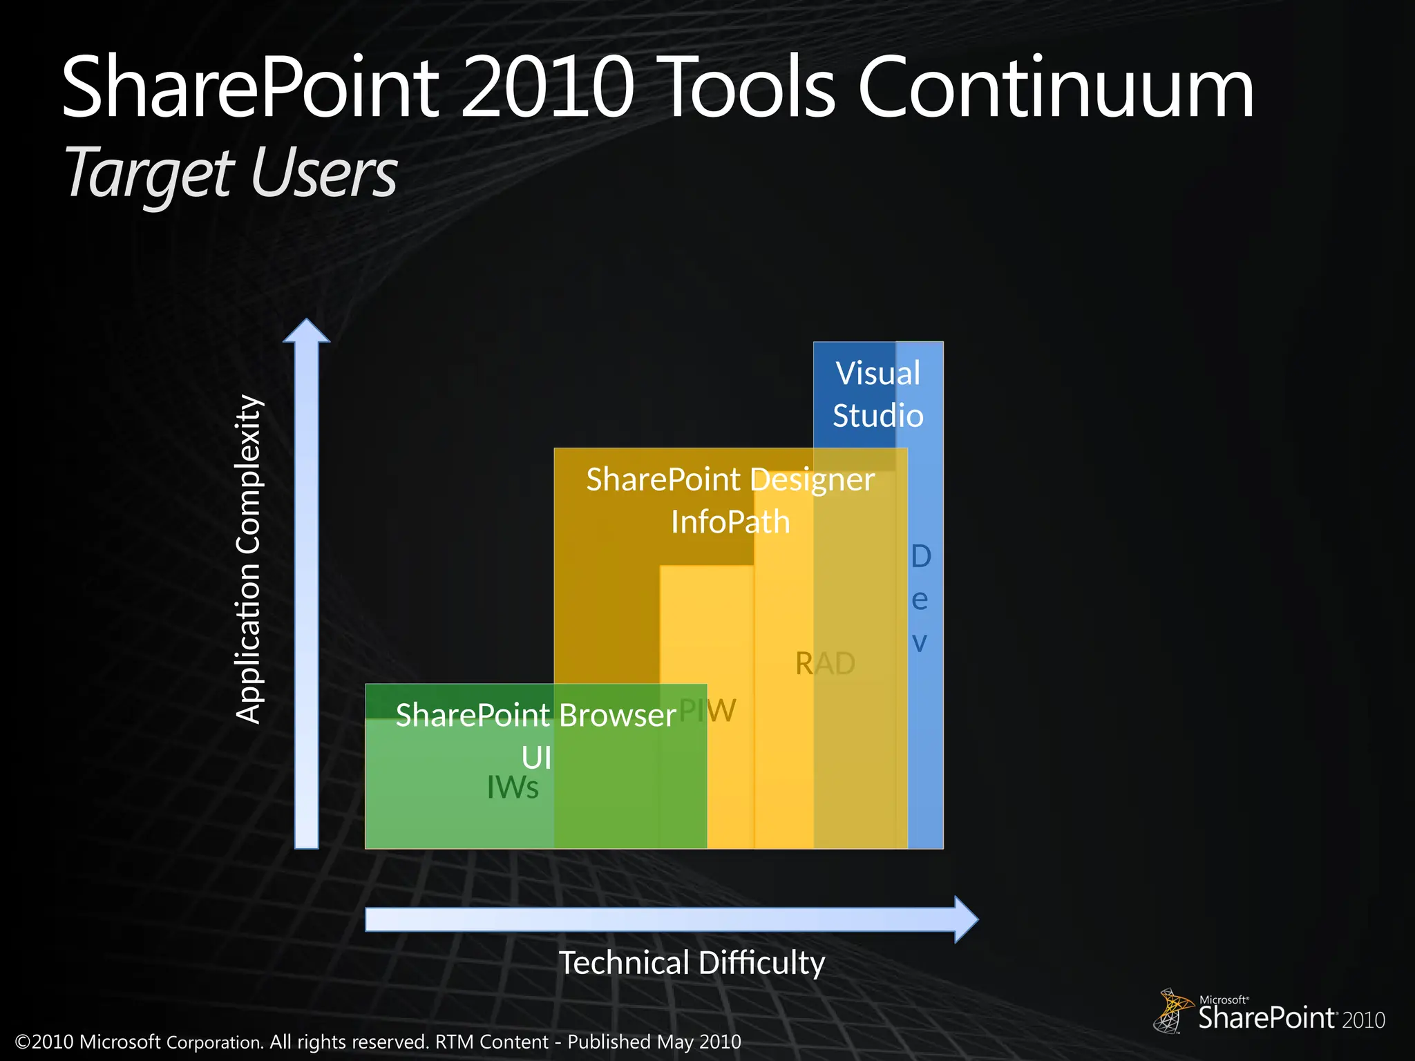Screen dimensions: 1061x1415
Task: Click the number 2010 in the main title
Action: tap(547, 88)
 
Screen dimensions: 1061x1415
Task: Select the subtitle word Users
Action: tap(324, 173)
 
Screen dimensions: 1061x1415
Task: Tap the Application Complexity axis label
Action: tap(249, 560)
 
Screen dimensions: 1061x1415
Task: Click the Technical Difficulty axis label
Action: tap(692, 962)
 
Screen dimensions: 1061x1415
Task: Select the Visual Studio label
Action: tap(877, 394)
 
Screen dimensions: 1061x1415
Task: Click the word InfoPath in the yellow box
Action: tap(730, 522)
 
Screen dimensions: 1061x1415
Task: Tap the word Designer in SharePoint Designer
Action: tap(813, 479)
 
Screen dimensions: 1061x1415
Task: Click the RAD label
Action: tap(825, 664)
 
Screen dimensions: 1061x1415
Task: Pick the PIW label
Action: tap(708, 710)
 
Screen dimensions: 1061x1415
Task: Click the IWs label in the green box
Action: tap(512, 787)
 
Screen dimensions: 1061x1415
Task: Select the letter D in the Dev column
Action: tap(921, 556)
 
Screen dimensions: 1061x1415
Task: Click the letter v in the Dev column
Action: tap(920, 642)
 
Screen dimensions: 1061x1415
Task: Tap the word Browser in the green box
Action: tap(617, 715)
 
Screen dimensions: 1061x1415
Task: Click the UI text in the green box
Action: tap(536, 758)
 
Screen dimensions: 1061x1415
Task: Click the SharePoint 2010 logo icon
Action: tap(1172, 1011)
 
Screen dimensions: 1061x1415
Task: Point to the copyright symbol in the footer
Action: tap(23, 1042)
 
